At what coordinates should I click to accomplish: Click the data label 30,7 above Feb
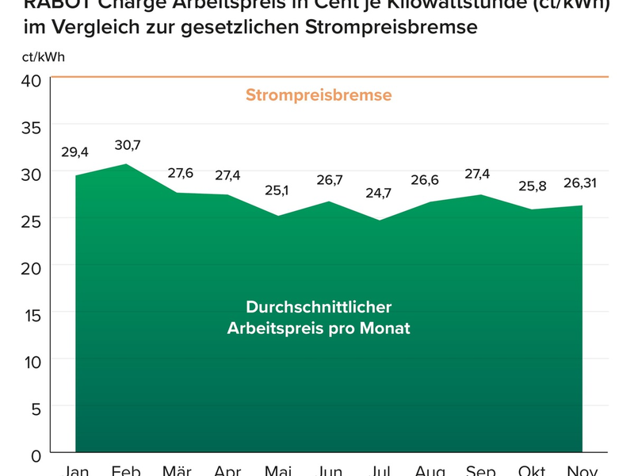[127, 145]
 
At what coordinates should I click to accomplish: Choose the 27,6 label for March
[178, 174]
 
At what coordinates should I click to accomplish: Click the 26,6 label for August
[430, 179]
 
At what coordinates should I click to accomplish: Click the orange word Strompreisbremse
[319, 96]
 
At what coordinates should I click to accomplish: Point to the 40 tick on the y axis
[29, 81]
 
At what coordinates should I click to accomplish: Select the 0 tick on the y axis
[36, 455]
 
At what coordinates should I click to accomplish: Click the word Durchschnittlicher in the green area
[319, 307]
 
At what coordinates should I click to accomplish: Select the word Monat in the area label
[383, 328]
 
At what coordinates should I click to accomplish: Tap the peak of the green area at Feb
[127, 165]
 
